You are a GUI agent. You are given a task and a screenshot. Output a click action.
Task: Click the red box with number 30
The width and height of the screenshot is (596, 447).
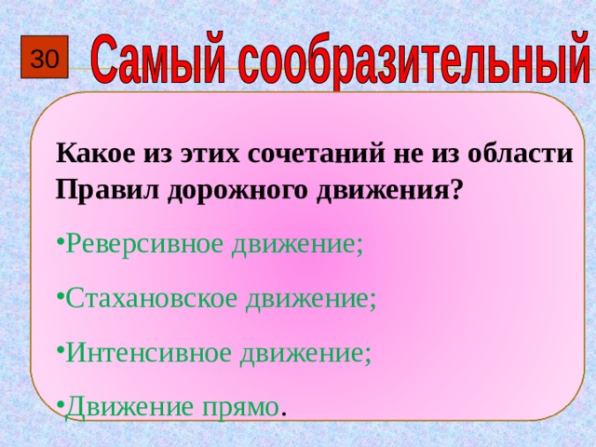[44, 61]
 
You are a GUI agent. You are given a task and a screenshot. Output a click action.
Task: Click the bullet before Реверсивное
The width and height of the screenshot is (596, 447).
[59, 245]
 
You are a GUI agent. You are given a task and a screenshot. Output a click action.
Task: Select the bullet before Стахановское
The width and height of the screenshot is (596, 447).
[59, 299]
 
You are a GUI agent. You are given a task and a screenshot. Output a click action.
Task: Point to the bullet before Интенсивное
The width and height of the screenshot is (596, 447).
[59, 354]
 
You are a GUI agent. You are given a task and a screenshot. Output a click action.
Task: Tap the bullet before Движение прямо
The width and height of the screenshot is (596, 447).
[59, 408]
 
